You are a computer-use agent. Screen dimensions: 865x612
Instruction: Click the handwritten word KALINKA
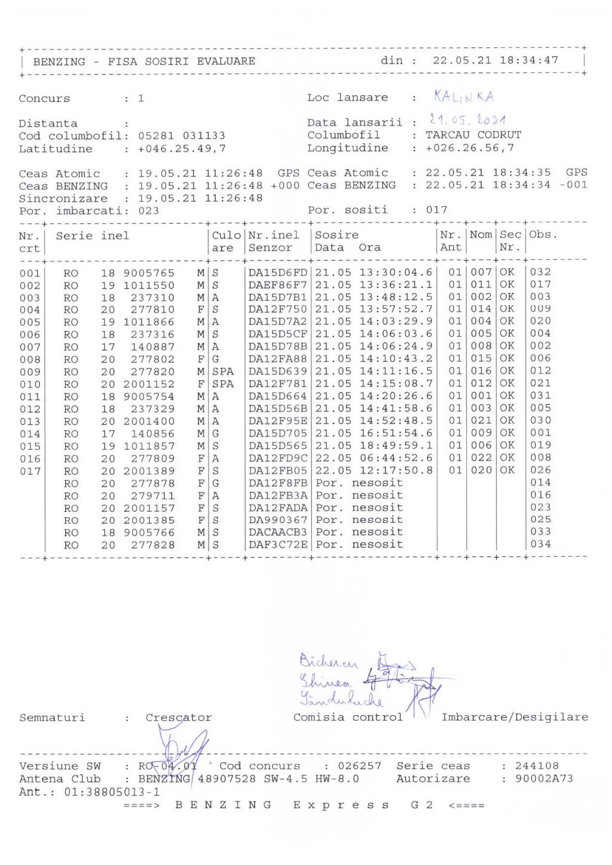[x=463, y=97]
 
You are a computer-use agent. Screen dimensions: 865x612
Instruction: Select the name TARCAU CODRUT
[x=473, y=135]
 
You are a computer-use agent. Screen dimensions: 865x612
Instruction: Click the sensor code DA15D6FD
[x=277, y=273]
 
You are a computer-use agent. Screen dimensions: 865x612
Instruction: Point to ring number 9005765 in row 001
[x=149, y=273]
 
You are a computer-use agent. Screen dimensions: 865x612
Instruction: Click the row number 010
[x=30, y=385]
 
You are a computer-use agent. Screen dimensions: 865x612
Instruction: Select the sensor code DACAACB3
[x=277, y=532]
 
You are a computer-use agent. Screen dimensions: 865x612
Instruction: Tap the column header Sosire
[x=336, y=235]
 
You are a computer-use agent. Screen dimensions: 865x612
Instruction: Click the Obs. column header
[x=543, y=235]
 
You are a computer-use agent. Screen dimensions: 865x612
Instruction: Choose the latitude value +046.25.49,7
[x=182, y=149]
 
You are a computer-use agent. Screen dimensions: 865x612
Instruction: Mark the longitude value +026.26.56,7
[x=469, y=148]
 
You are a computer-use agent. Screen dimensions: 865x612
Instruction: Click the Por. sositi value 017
[x=436, y=210]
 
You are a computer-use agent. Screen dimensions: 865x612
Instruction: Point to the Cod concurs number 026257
[x=359, y=766]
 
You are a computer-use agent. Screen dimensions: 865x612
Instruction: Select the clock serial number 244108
[x=537, y=766]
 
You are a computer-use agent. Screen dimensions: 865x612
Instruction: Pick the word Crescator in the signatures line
[x=179, y=717]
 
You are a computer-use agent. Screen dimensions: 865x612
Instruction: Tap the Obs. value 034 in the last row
[x=540, y=544]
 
